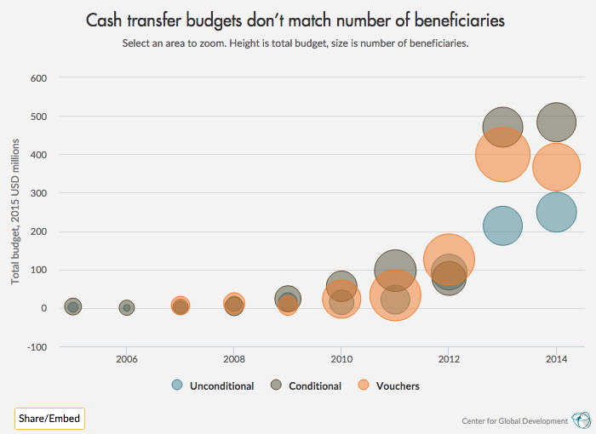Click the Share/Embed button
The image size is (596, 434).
pyautogui.click(x=49, y=419)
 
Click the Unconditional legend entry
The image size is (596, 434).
pyautogui.click(x=213, y=385)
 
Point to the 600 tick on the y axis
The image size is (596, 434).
pyautogui.click(x=38, y=78)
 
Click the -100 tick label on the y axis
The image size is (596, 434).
pyautogui.click(x=37, y=347)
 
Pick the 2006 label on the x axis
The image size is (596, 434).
pyautogui.click(x=126, y=361)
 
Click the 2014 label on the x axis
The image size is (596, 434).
pyautogui.click(x=556, y=361)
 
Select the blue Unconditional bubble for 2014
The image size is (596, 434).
pyautogui.click(x=556, y=213)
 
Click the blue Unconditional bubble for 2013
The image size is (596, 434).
pyautogui.click(x=502, y=226)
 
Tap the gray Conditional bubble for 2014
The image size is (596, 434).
pyautogui.click(x=556, y=121)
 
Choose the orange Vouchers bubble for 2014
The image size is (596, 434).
pyautogui.click(x=556, y=168)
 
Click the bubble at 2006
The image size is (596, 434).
pyautogui.click(x=126, y=308)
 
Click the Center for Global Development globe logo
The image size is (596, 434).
pyautogui.click(x=581, y=420)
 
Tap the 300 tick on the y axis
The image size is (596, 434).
pyautogui.click(x=38, y=193)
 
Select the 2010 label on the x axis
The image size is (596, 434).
pyautogui.click(x=341, y=361)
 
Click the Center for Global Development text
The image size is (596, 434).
pyautogui.click(x=514, y=421)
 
